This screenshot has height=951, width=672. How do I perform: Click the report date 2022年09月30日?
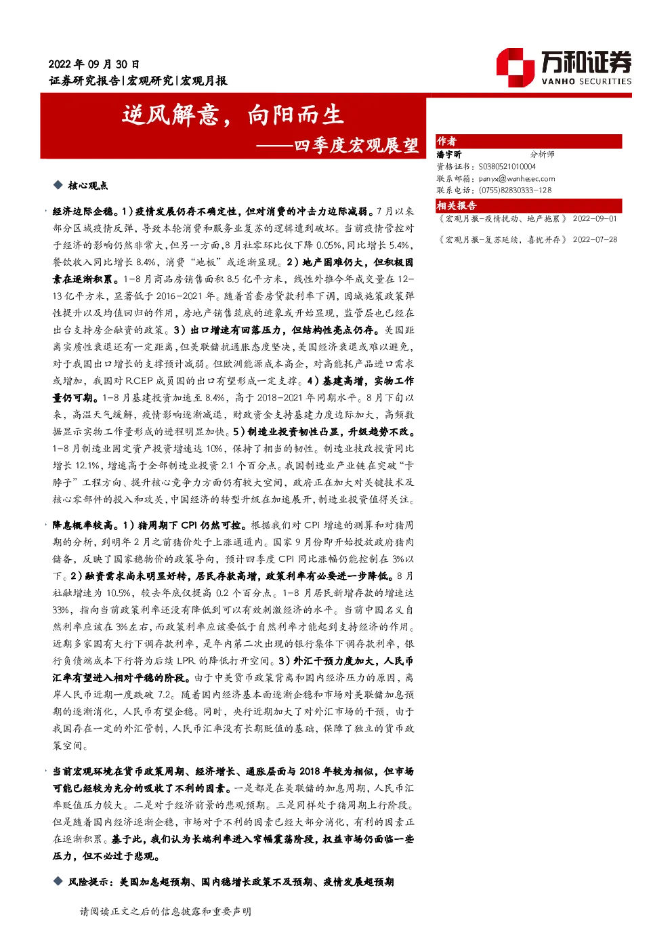point(93,64)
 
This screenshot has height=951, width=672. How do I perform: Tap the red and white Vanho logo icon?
point(515,68)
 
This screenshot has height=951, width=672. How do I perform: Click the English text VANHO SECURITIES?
point(586,81)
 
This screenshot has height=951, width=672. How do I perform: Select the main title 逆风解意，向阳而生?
point(232,115)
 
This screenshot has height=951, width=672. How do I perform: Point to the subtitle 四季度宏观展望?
point(356,146)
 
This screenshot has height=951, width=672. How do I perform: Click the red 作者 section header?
point(446,142)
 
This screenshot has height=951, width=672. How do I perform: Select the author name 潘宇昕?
point(449,155)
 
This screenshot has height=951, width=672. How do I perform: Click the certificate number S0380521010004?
point(507,167)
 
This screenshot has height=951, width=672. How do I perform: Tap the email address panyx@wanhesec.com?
point(517,179)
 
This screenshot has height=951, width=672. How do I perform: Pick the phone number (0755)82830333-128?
point(515,190)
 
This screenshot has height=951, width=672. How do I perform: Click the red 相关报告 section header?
point(457,206)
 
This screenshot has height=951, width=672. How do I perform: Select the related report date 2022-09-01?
point(595,219)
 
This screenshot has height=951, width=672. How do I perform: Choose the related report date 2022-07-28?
point(595,240)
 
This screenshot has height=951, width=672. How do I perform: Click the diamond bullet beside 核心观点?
point(58,184)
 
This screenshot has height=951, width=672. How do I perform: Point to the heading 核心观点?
point(88,186)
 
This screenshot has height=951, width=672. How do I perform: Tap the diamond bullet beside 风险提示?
point(58,881)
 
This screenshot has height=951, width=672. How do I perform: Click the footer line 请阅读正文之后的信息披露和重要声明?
point(165,912)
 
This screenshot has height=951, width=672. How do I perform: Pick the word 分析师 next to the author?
point(542,155)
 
